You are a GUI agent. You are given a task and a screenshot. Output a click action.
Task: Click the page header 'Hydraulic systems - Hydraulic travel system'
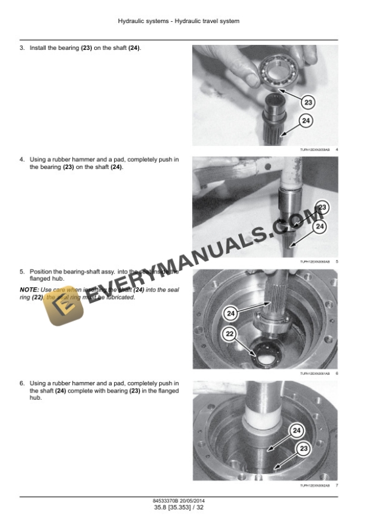[179, 21]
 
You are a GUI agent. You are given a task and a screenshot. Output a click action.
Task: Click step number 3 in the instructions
[22, 48]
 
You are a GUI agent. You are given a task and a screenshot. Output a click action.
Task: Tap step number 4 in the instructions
[22, 160]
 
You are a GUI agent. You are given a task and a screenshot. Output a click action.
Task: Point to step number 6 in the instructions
[22, 383]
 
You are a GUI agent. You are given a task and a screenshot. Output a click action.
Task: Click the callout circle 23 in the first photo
[308, 102]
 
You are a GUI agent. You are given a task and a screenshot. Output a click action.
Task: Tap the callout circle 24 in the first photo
[306, 121]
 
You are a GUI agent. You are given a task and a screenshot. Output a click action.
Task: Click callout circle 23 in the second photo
[322, 208]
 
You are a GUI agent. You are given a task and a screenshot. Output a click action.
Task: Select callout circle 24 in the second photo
[319, 227]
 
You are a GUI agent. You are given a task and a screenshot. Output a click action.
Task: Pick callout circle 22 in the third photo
[229, 333]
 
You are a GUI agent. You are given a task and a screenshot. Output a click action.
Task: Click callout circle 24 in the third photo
[230, 314]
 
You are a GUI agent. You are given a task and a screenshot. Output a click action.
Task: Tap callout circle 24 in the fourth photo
[297, 431]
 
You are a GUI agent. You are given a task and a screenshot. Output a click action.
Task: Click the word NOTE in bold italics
[29, 290]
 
